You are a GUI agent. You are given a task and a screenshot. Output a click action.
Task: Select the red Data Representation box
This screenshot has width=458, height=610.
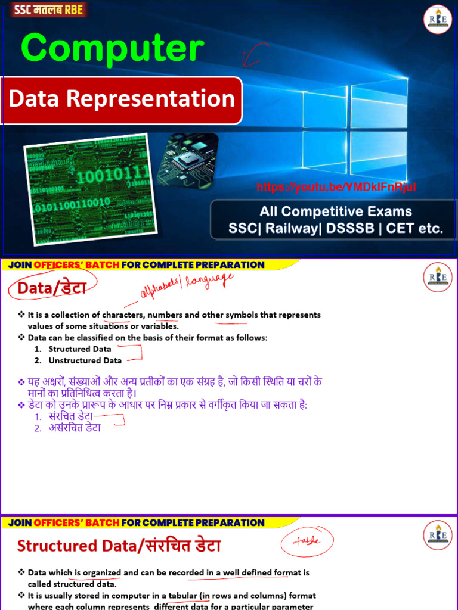[x=122, y=99]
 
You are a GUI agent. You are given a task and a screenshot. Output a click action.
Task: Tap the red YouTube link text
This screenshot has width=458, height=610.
[x=336, y=188]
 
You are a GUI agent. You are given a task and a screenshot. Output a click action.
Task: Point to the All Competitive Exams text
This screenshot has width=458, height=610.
[x=336, y=211]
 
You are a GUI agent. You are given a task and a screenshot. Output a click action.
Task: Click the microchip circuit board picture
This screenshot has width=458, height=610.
[x=187, y=159]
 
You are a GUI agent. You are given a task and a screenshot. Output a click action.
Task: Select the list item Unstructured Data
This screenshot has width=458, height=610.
[x=85, y=360]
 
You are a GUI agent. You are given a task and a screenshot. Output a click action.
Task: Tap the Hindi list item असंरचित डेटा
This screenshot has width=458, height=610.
[x=75, y=428]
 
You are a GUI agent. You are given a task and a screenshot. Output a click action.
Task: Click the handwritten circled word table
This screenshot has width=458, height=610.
[x=307, y=541]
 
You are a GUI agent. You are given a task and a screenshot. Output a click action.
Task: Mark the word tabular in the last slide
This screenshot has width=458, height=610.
[x=181, y=595]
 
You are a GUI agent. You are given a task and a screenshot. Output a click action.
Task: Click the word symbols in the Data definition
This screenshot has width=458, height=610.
[x=240, y=315]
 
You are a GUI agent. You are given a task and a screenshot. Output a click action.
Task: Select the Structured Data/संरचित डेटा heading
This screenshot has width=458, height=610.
[x=119, y=546]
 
